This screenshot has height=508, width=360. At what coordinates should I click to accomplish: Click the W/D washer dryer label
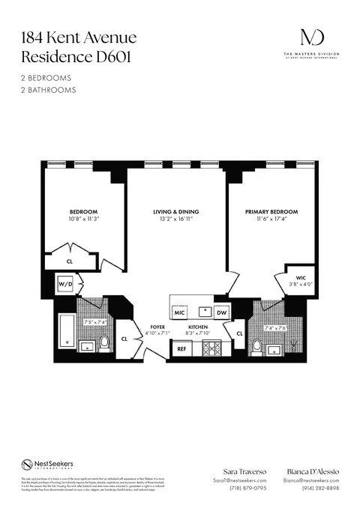pos(64,285)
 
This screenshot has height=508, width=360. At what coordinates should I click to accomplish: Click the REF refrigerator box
pos(181,349)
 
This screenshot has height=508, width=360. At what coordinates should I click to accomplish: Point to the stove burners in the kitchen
pos(211,348)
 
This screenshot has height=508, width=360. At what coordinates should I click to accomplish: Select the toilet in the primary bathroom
pos(256,346)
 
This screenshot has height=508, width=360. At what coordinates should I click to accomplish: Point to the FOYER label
pos(157,327)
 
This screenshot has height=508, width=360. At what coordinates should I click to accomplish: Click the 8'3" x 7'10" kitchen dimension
pos(199,334)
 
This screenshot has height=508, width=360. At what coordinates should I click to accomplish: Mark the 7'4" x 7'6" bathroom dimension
pos(276,327)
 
